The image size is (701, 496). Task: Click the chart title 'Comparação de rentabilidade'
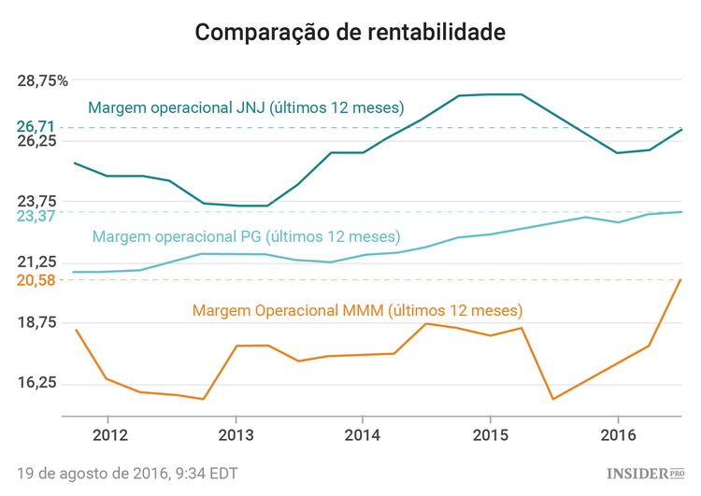point(350,32)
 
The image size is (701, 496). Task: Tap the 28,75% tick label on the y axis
point(43,80)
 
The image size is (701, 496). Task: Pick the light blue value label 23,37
point(36,216)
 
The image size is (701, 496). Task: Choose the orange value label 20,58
point(36,279)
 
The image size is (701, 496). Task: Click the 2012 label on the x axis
point(110,435)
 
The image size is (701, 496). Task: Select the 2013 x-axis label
point(236,435)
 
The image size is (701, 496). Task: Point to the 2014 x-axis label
point(363,435)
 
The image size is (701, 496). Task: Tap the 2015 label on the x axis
point(490,435)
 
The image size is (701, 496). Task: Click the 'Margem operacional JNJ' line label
point(246,107)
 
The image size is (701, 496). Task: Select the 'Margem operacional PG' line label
point(246,236)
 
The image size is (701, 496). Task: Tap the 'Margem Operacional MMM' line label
point(357,310)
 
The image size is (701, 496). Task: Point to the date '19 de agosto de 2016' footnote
point(127,474)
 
